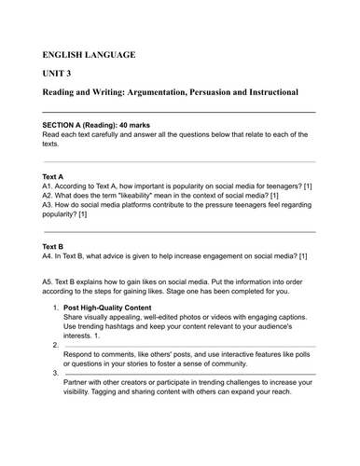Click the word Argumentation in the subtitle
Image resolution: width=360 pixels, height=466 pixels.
coord(140,94)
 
